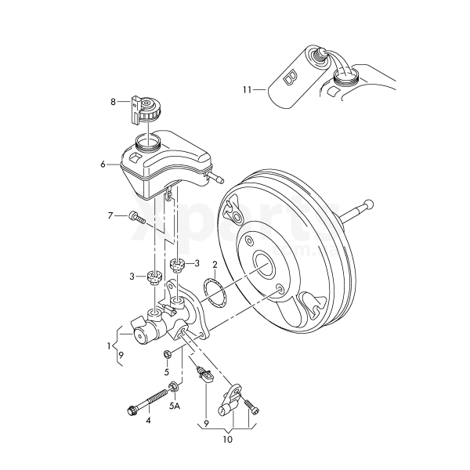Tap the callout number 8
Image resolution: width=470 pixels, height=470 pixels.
[113, 101]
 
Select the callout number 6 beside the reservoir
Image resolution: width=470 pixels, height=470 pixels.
[103, 164]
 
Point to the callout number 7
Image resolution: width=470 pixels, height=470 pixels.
[111, 215]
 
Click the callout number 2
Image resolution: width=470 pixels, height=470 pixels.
[215, 274]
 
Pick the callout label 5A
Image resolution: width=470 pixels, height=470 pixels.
[174, 405]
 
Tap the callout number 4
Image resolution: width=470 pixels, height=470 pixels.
[147, 420]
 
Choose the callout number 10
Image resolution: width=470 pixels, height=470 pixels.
[228, 440]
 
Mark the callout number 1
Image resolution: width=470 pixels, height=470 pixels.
[110, 345]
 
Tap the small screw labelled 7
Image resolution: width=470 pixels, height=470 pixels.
[137, 218]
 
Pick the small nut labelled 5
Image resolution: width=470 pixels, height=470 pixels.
[167, 355]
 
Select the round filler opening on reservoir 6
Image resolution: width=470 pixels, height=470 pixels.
[146, 143]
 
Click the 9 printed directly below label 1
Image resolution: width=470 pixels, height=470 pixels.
[120, 359]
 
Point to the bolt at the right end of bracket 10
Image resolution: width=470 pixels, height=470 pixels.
[251, 406]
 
